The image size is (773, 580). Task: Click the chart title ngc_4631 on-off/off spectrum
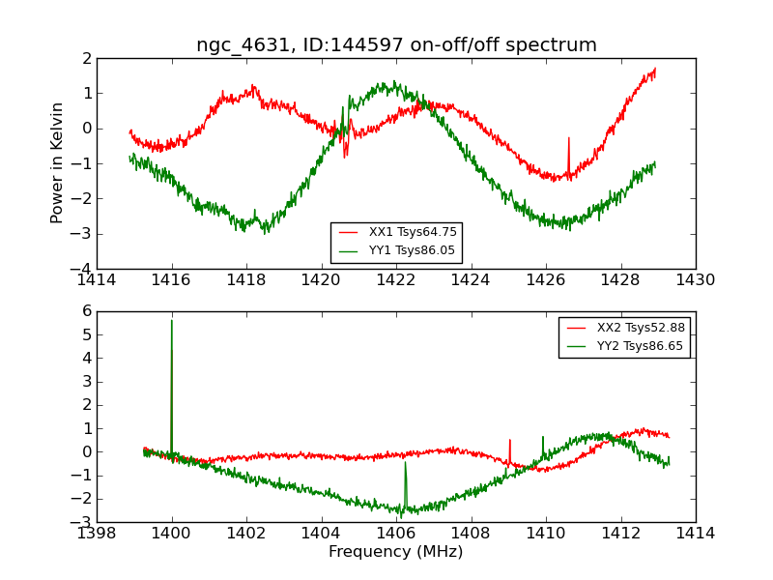pos(396,45)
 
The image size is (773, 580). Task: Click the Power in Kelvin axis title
pos(58,162)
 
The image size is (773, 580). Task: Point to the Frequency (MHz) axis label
pos(396,552)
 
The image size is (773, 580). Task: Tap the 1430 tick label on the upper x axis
pos(695,280)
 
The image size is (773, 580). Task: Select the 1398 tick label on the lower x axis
pos(98,534)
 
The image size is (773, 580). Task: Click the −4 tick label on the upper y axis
pos(84,269)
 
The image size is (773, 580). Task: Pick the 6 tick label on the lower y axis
pos(87,311)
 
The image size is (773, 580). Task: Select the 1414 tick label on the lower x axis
pos(695,534)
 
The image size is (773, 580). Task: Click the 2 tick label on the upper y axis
pos(87,58)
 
